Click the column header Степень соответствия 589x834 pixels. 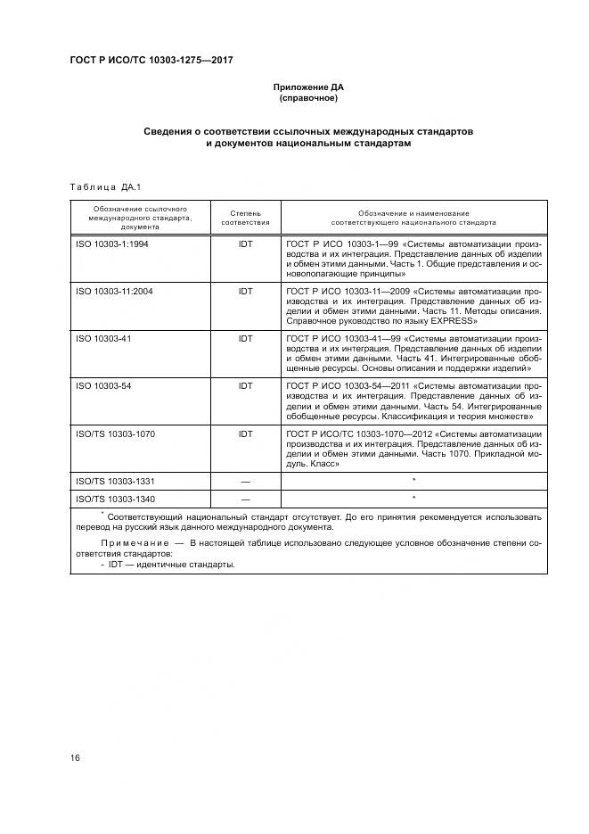point(245,218)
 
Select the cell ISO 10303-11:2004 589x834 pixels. point(114,291)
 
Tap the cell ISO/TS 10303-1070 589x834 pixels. point(116,434)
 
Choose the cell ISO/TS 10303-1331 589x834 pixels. point(116,482)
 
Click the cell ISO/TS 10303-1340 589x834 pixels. point(116,499)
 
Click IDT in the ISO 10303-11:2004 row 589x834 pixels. point(245,291)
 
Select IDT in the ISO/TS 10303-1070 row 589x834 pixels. point(245,434)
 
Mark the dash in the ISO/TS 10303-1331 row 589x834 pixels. point(245,482)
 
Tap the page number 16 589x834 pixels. point(76,758)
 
